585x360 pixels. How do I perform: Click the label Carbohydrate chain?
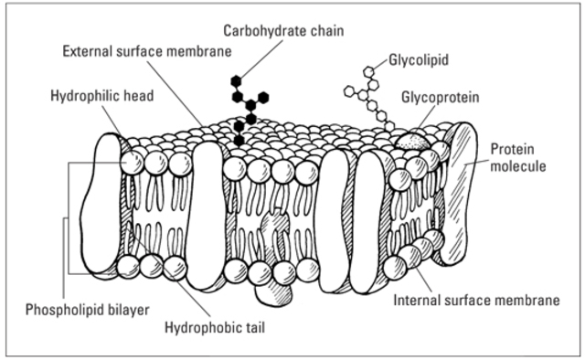click(x=283, y=30)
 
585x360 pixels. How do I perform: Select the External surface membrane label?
click(x=147, y=51)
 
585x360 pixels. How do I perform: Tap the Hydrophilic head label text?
click(x=102, y=96)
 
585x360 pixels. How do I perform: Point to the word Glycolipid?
click(x=419, y=60)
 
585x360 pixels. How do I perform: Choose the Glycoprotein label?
click(x=441, y=98)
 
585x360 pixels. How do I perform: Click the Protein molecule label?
click(x=518, y=157)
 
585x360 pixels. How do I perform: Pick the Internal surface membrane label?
click(x=476, y=301)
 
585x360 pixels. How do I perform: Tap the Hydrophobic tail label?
click(x=215, y=327)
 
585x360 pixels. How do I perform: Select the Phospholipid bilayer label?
click(x=88, y=310)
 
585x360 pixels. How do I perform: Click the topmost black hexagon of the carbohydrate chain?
click(x=236, y=81)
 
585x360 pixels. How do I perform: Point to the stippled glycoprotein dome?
click(x=412, y=143)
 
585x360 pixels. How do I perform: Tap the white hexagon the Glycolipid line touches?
click(x=368, y=71)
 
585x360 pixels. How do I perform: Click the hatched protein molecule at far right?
click(x=457, y=194)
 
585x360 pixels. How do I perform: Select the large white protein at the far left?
click(x=101, y=204)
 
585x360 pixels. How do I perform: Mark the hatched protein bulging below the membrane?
click(x=275, y=258)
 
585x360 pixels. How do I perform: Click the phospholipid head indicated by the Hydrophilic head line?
click(x=132, y=163)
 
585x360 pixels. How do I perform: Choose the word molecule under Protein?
click(x=518, y=165)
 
